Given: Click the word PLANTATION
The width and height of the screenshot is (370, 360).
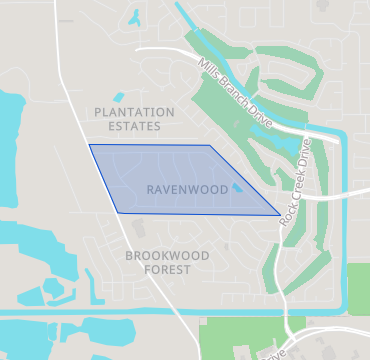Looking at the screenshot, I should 134,112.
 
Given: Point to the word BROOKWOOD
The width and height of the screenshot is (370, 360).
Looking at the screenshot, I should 167,256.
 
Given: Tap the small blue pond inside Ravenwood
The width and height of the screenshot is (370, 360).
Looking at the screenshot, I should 237,187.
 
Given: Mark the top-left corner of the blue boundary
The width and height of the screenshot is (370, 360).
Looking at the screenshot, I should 90,145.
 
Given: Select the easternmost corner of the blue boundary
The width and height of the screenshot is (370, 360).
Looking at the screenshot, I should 280,214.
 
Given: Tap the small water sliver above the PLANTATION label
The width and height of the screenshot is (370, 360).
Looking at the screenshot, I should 119,97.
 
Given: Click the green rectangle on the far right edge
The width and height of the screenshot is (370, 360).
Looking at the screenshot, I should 358,289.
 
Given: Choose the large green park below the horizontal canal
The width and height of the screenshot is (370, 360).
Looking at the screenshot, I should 240,340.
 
